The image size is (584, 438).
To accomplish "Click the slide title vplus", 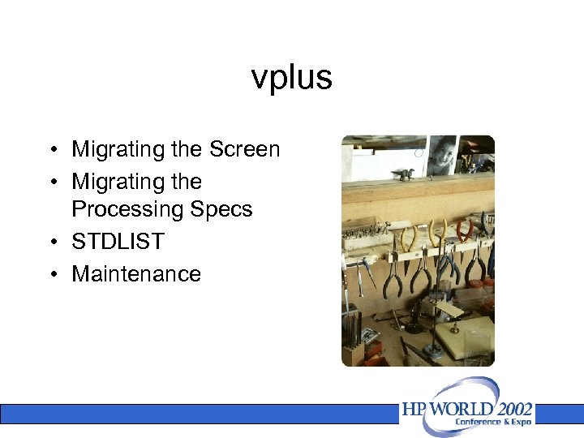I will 292,78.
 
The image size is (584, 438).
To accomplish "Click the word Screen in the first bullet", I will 244,149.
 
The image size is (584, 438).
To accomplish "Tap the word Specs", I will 221,209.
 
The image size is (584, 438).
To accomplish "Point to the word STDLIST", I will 118,242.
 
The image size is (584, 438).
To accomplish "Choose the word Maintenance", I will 136,274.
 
